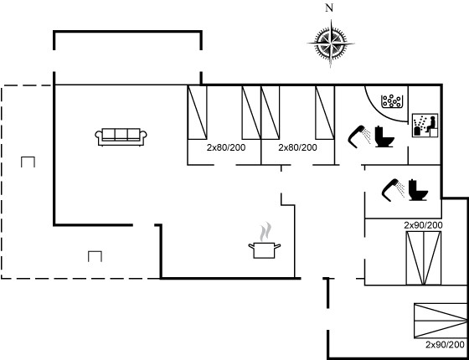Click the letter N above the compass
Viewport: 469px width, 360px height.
point(329,8)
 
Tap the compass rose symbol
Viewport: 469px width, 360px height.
point(331,44)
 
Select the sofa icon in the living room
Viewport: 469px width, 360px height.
point(121,137)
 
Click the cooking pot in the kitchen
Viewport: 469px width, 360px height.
point(265,250)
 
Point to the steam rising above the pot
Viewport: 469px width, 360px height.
point(265,232)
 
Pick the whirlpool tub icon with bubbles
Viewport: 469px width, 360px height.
point(392,101)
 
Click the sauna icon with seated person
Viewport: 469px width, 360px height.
point(425,126)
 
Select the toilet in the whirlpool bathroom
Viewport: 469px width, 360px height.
point(384,136)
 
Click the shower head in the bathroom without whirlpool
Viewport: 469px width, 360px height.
point(394,190)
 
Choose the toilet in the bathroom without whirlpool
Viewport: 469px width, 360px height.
point(418,190)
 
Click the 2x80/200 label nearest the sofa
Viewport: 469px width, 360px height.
point(226,147)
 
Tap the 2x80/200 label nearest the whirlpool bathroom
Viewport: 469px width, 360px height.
point(297,147)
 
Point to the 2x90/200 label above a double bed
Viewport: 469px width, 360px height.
point(423,225)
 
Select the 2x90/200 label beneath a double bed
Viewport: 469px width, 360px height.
point(445,345)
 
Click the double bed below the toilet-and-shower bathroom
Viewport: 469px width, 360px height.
point(423,258)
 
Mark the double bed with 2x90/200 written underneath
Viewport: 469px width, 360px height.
point(441,321)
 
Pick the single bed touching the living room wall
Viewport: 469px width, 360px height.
point(197,112)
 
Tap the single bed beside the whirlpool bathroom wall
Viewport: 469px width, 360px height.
point(325,112)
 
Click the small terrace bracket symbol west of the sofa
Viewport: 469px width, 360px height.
point(28,162)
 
